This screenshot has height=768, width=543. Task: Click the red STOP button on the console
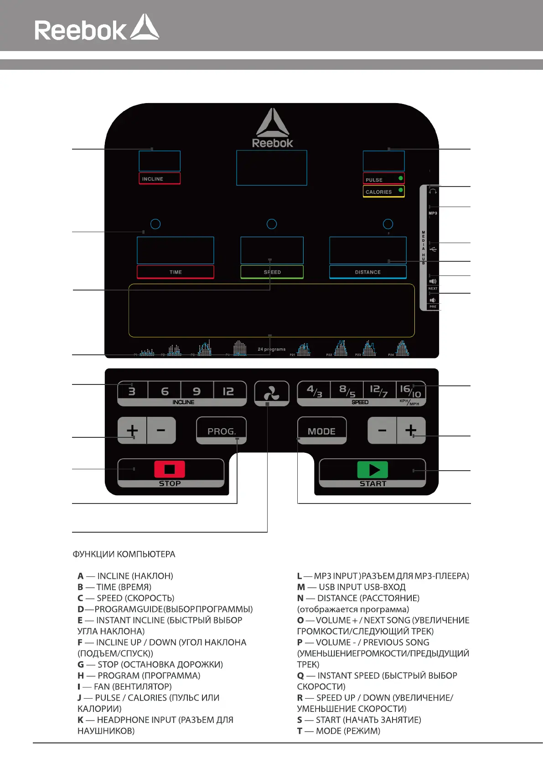(x=170, y=469)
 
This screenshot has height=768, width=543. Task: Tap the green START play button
(x=372, y=470)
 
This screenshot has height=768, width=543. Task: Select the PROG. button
(x=222, y=431)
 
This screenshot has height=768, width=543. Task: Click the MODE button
(x=321, y=431)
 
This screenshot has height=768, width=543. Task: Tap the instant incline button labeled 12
(x=228, y=391)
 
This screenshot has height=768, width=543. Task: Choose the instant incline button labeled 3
(x=132, y=391)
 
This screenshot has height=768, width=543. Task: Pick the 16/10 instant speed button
(x=410, y=391)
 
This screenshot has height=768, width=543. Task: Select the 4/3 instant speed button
(x=315, y=391)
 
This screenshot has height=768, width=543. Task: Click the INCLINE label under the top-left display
(x=153, y=179)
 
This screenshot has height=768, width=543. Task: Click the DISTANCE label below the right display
(x=367, y=272)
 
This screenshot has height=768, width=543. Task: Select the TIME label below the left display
(x=176, y=272)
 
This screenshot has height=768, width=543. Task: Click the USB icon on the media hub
(x=433, y=249)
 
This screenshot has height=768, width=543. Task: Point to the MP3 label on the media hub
(x=433, y=213)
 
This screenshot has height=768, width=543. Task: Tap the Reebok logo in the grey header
(x=97, y=29)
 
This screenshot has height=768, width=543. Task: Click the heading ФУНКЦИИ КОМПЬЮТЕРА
(x=124, y=554)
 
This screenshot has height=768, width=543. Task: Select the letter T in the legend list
(x=300, y=731)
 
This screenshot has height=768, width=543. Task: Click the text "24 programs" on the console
(x=272, y=349)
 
